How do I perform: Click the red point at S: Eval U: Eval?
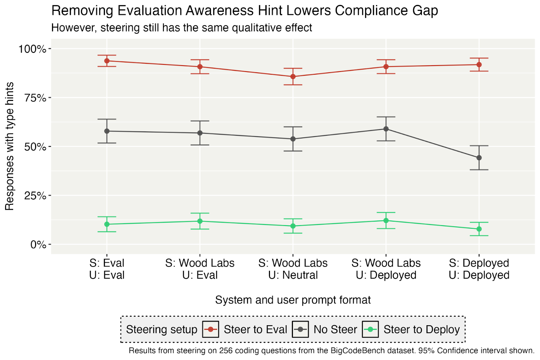tap(107, 61)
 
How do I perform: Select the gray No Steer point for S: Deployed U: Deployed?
tap(479, 158)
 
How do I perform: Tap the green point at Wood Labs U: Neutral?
tap(293, 226)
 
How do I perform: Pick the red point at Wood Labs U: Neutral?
tap(293, 77)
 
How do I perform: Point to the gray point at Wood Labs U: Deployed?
tap(386, 129)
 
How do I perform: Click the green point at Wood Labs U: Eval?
tap(200, 221)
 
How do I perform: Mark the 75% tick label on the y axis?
tap(35, 98)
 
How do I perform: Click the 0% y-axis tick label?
tap(38, 245)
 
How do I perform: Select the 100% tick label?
tap(32, 49)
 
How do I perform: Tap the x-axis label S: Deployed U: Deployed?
tap(479, 269)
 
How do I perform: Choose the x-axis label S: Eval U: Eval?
tap(107, 269)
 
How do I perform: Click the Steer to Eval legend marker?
tap(211, 329)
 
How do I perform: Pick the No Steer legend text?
tap(335, 329)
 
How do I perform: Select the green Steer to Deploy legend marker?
tap(370, 329)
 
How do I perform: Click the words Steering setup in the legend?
tap(161, 329)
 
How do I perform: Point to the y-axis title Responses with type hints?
tap(9, 146)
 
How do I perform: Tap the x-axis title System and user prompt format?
tap(293, 300)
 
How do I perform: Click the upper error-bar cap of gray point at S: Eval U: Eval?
tap(107, 119)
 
